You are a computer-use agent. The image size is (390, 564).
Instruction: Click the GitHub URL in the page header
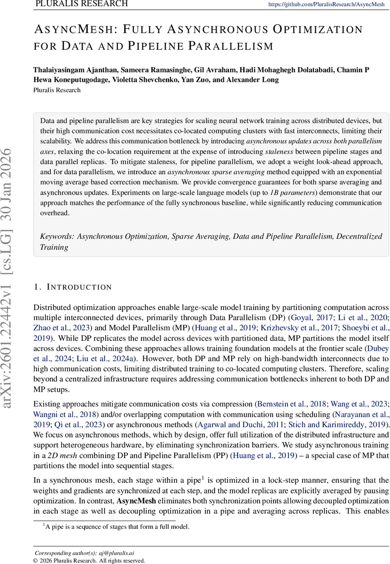[326, 4]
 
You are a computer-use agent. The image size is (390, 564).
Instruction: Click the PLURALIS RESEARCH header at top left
[81, 4]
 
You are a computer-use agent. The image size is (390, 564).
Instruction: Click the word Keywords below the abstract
[57, 237]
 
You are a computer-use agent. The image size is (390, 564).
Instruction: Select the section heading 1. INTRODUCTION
[72, 287]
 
